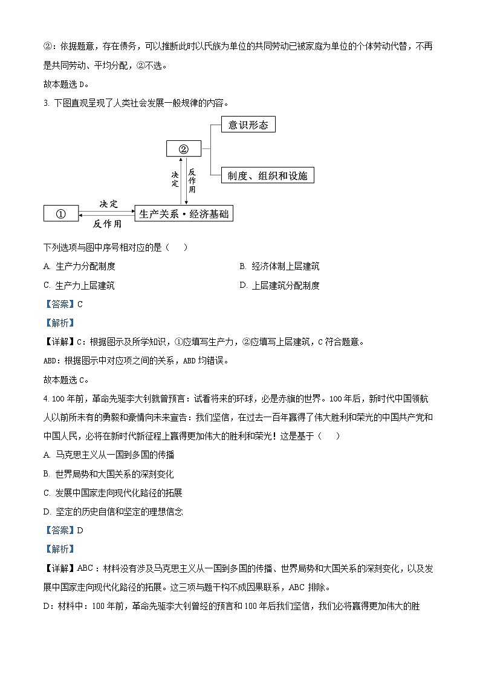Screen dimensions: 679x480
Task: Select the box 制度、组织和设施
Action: click(267, 175)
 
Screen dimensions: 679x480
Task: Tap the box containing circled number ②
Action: click(184, 149)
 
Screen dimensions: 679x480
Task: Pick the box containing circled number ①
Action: click(60, 213)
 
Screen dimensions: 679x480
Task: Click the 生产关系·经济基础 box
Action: click(184, 213)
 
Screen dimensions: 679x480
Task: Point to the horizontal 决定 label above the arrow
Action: click(109, 204)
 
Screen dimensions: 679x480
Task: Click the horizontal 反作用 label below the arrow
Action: click(107, 224)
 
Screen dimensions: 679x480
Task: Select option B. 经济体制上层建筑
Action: click(279, 266)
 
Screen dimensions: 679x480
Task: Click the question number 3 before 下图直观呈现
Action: click(46, 102)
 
